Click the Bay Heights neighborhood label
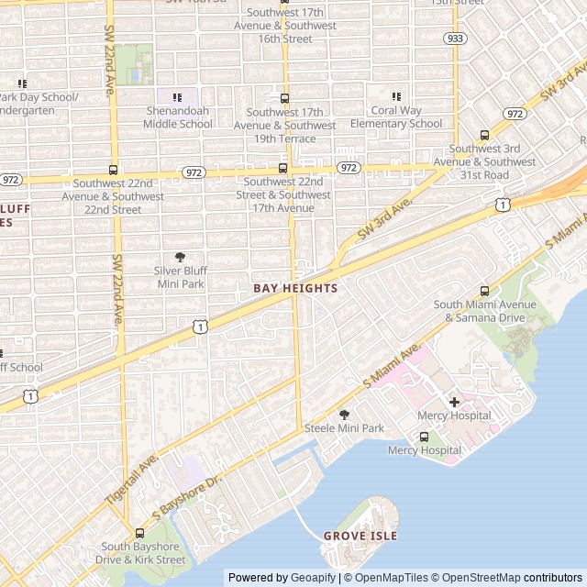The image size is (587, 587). click(295, 288)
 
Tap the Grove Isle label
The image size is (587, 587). click(360, 536)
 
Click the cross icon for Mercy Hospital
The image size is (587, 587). click(454, 402)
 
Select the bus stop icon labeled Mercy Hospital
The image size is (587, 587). click(424, 437)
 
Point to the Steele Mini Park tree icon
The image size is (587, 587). click(345, 415)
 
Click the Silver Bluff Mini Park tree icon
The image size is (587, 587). click(180, 258)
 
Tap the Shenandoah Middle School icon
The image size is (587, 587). click(178, 97)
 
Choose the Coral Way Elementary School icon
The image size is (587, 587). click(396, 96)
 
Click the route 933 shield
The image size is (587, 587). click(454, 39)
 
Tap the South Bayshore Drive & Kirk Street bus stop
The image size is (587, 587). click(139, 533)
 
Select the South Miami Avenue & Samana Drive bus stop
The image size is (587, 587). click(484, 291)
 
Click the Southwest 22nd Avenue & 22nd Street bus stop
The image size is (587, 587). click(114, 170)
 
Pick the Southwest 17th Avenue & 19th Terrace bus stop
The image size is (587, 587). click(283, 98)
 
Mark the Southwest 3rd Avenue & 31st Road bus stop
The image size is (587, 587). click(484, 135)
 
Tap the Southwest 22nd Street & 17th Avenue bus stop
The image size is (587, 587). click(282, 168)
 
